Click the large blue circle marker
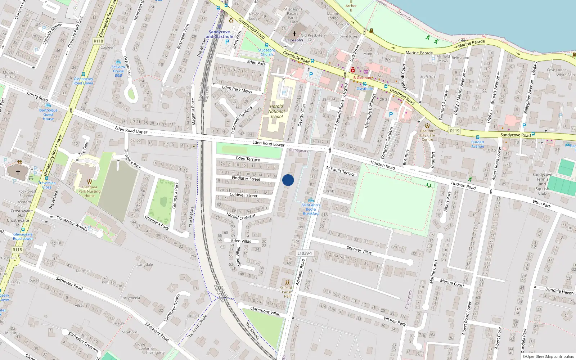[x=288, y=180]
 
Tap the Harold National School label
[x=276, y=111]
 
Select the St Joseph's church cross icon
[x=294, y=33]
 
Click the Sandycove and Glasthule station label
[x=219, y=34]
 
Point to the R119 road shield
[x=455, y=131]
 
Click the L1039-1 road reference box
[x=305, y=253]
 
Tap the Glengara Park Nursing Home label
[x=89, y=191]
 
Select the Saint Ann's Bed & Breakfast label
[x=311, y=209]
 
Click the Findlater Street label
[x=246, y=178]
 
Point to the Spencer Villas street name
[x=359, y=250]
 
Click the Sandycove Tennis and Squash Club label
[x=542, y=184]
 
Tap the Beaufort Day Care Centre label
[x=427, y=135]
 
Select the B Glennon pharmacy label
[x=362, y=77]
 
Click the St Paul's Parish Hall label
[x=287, y=292]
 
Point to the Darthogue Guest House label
[x=48, y=114]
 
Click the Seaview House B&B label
[x=118, y=71]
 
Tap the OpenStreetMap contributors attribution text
[x=548, y=356]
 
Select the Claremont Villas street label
[x=265, y=311]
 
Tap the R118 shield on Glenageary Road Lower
[x=17, y=249]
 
